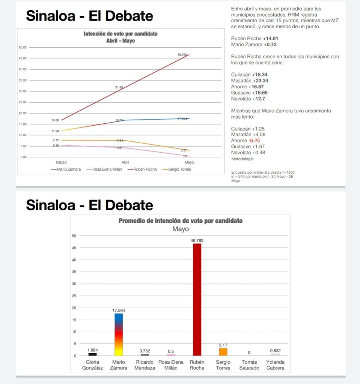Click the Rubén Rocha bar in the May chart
coord(197,299)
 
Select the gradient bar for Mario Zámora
coord(119,334)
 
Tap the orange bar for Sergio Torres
coord(223,352)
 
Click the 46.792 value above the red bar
coord(197,240)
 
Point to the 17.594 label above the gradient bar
coord(119,310)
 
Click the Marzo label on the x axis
coord(62,163)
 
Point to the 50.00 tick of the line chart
coord(22,48)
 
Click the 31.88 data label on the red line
coord(119,87)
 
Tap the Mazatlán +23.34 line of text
coord(250,81)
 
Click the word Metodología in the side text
coord(242,159)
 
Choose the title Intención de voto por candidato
coord(121,34)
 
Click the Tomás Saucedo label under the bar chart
coord(249,365)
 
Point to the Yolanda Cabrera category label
coord(275,365)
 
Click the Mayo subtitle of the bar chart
coord(181,229)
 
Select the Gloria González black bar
coord(92,354)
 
